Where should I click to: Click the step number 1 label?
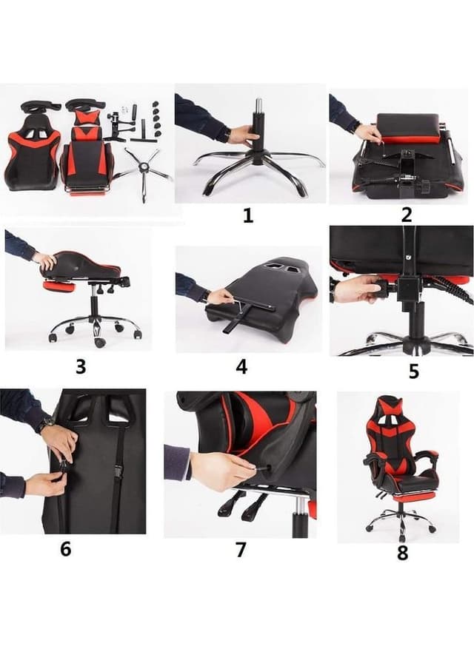click(x=248, y=215)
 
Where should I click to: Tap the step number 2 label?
click(x=406, y=215)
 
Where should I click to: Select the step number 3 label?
click(x=81, y=366)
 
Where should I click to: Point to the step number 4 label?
click(x=241, y=366)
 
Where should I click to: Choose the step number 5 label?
click(x=413, y=371)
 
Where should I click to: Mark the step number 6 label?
click(x=66, y=551)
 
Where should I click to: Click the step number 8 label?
click(x=402, y=553)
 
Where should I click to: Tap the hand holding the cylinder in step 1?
click(x=242, y=135)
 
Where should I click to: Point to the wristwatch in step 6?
click(x=47, y=425)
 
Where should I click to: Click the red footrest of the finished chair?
click(x=405, y=497)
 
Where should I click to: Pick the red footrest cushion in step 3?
click(x=59, y=286)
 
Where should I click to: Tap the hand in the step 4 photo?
click(x=220, y=297)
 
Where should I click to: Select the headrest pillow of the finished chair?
click(x=391, y=406)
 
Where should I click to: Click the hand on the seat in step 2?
click(x=368, y=133)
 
